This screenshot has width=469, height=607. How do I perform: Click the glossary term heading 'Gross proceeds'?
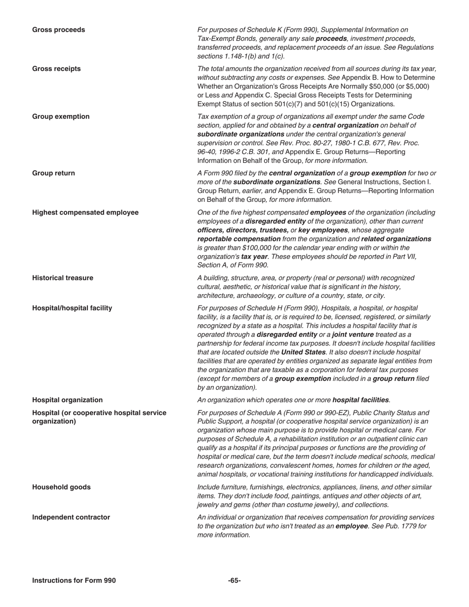[x=58, y=30]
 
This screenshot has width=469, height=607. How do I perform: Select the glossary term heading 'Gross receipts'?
[x=56, y=69]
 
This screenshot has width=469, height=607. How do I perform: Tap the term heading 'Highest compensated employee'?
[x=85, y=212]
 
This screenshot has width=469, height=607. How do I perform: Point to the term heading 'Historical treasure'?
[x=63, y=278]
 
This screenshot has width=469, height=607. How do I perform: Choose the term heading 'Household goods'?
[x=61, y=487]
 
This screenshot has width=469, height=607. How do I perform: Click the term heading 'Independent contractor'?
[x=71, y=517]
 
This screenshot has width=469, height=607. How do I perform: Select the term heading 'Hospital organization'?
[x=68, y=400]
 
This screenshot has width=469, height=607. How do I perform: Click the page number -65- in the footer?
[x=234, y=580]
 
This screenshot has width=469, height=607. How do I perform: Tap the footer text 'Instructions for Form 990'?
[x=74, y=580]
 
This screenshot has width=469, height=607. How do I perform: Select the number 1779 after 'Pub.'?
[x=408, y=526]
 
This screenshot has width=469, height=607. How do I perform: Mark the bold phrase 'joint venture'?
[x=352, y=335]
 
